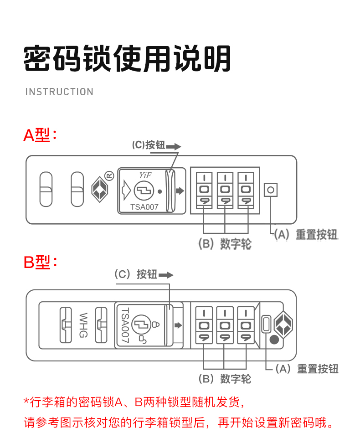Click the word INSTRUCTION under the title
click(59, 92)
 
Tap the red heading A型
click(40, 135)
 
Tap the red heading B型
click(40, 263)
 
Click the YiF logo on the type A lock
click(145, 175)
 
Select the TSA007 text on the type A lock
click(144, 207)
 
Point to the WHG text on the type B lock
click(83, 325)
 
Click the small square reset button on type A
click(270, 190)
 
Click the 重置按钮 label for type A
click(316, 235)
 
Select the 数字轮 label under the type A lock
click(235, 244)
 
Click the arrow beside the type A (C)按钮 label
click(174, 147)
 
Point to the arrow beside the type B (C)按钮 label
click(166, 275)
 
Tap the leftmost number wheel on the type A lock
click(204, 190)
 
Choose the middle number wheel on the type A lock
click(225, 190)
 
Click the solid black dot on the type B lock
click(274, 340)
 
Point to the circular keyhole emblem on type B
click(139, 325)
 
